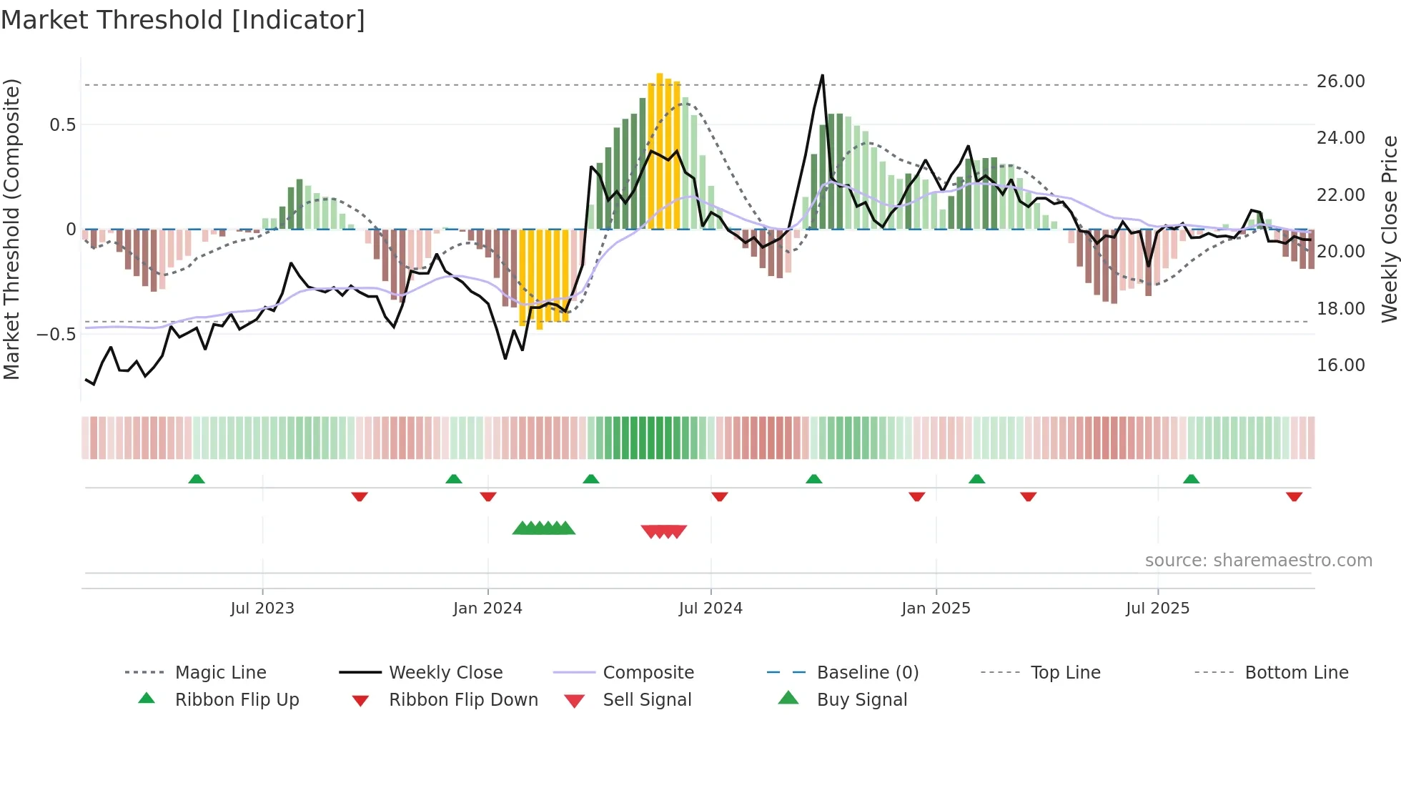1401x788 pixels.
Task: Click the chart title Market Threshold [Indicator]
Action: (183, 20)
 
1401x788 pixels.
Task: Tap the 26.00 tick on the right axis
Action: (1340, 82)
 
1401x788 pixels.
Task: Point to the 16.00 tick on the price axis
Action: (1340, 365)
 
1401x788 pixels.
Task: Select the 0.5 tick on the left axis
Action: (62, 125)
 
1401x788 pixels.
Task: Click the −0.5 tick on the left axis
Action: (56, 335)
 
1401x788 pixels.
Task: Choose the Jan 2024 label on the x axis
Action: (487, 609)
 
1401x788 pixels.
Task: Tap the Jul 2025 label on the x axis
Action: (1157, 609)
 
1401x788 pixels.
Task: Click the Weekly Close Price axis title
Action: (1389, 229)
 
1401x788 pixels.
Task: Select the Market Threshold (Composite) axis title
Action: (11, 229)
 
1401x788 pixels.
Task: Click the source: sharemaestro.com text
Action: (1258, 561)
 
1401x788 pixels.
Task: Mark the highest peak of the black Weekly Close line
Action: (823, 76)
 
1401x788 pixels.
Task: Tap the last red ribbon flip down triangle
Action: (1294, 496)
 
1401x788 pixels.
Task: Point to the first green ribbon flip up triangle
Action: (197, 479)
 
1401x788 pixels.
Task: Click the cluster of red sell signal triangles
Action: (664, 531)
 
